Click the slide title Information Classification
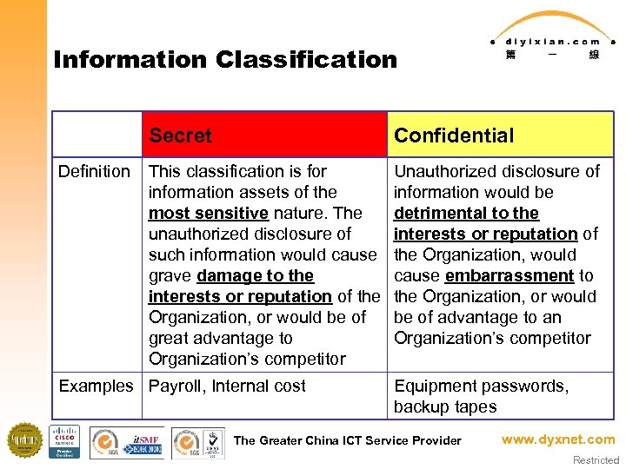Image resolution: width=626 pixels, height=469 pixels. coord(224,60)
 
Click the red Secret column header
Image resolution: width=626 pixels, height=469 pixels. coord(180,135)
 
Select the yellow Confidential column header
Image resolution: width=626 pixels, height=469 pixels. coord(453,135)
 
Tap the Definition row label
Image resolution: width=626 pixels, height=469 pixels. coord(94,171)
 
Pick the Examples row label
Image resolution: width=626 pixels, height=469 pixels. coord(96,386)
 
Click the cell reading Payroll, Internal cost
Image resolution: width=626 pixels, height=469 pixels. coord(227,386)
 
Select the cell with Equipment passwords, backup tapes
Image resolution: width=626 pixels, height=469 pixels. coord(481,396)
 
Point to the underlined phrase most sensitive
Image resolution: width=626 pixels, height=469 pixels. coord(208,213)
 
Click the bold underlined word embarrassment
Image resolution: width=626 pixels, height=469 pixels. coord(509,275)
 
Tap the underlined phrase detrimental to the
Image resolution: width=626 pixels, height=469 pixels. coord(466,213)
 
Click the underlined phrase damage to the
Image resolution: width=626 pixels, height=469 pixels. coord(255,275)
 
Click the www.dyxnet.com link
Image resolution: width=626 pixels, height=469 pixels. coord(557,439)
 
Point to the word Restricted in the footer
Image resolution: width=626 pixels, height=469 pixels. coord(596,460)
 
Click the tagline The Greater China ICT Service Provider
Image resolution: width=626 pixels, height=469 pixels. coord(347,440)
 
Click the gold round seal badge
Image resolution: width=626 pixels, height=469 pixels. coord(25,440)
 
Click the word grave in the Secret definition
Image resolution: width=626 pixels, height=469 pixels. coord(170,275)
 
